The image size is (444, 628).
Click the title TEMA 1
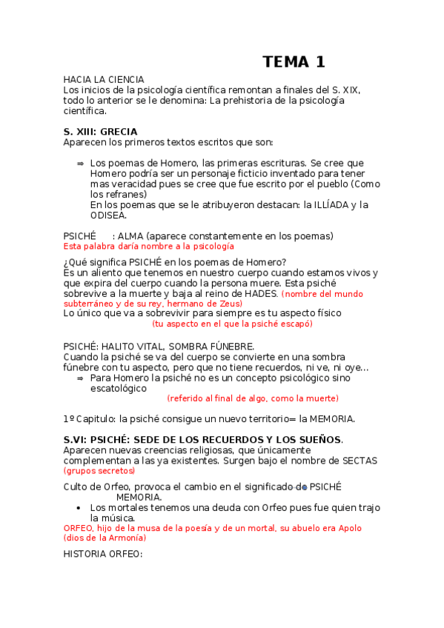click(294, 62)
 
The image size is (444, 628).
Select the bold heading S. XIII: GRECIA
click(101, 132)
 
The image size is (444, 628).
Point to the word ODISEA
click(108, 216)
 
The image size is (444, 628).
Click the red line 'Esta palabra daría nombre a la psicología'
click(148, 246)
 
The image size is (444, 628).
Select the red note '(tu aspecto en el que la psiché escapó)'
click(232, 324)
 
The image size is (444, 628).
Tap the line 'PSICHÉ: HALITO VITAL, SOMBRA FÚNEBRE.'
click(159, 346)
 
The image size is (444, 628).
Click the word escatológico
click(119, 387)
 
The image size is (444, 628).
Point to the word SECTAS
click(359, 461)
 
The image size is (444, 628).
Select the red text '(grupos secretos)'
click(99, 471)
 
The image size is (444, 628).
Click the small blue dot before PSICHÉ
click(305, 487)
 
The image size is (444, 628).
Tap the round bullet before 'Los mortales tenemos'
click(79, 508)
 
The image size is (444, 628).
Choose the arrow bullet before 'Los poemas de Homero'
click(79, 163)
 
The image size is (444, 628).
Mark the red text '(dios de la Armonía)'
click(105, 538)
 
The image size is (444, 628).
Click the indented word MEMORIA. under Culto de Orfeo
click(139, 497)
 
